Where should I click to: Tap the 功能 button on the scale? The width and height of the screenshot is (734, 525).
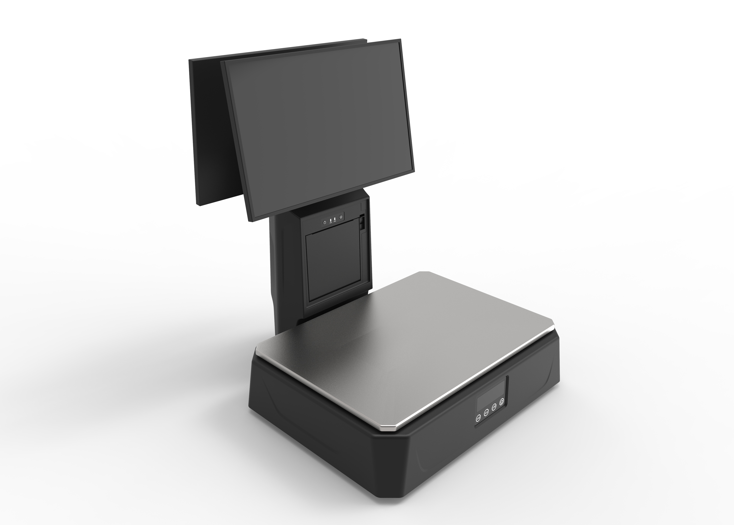[x=478, y=418]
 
